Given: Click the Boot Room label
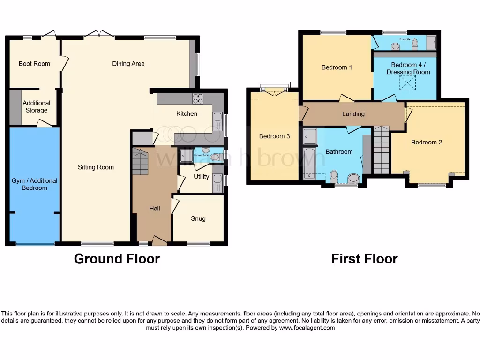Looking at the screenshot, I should tap(34, 64).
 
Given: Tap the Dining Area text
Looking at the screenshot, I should tap(128, 64).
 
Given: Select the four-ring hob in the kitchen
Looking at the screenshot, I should tap(198, 98).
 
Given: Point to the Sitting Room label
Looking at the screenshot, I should tap(96, 167).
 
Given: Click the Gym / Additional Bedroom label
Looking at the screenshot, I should tap(35, 184).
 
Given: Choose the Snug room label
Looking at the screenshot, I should tap(198, 218).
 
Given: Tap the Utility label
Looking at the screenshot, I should tap(202, 177).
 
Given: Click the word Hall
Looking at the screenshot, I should tap(154, 209).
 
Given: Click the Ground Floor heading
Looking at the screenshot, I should tap(117, 259).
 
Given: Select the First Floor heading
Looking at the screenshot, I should tap(364, 259).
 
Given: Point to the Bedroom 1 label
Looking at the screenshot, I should tap(337, 67).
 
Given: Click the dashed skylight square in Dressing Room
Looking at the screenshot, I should tap(407, 83).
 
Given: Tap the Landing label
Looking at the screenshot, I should tap(353, 114).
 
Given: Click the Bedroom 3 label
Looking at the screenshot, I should tap(275, 136).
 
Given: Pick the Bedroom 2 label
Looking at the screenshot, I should tap(427, 142).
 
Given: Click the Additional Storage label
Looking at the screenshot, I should tap(37, 106).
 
